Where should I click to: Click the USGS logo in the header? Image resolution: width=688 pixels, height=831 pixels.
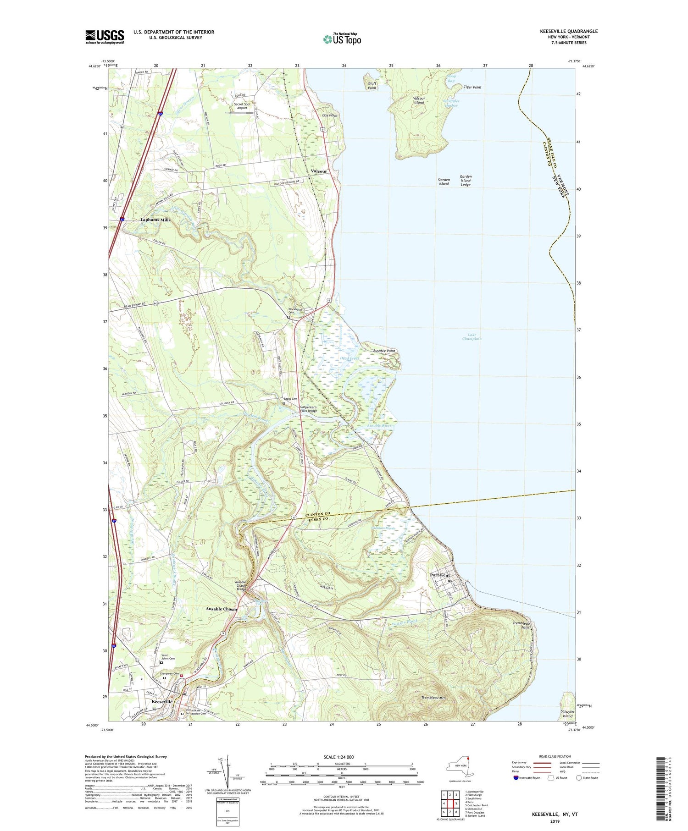coord(105,37)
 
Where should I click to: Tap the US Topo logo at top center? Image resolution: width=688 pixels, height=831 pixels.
coord(342,39)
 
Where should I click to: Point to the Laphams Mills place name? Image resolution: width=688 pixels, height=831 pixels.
coord(155,220)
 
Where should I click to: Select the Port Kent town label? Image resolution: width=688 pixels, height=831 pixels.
coord(439,575)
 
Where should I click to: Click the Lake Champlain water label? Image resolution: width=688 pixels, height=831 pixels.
coord(472,337)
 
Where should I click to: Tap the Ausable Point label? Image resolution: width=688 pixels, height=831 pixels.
coord(384,351)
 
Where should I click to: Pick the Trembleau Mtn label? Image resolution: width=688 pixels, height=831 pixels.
coord(433,698)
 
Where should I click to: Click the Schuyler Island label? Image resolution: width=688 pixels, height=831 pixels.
coord(567,714)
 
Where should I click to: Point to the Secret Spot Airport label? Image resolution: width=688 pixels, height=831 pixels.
coord(242,106)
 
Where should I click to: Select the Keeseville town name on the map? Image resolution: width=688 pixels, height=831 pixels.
coord(162,702)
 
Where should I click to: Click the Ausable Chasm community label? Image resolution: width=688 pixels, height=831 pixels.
coord(221,609)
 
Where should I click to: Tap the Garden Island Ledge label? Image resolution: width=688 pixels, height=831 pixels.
coord(466,181)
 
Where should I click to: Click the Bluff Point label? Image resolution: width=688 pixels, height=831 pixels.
coord(372,86)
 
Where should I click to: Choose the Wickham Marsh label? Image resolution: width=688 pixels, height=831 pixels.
coord(383,528)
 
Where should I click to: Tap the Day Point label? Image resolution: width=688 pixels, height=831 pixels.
coord(329,116)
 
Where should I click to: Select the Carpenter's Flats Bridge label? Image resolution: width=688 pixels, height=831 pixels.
coord(308,409)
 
